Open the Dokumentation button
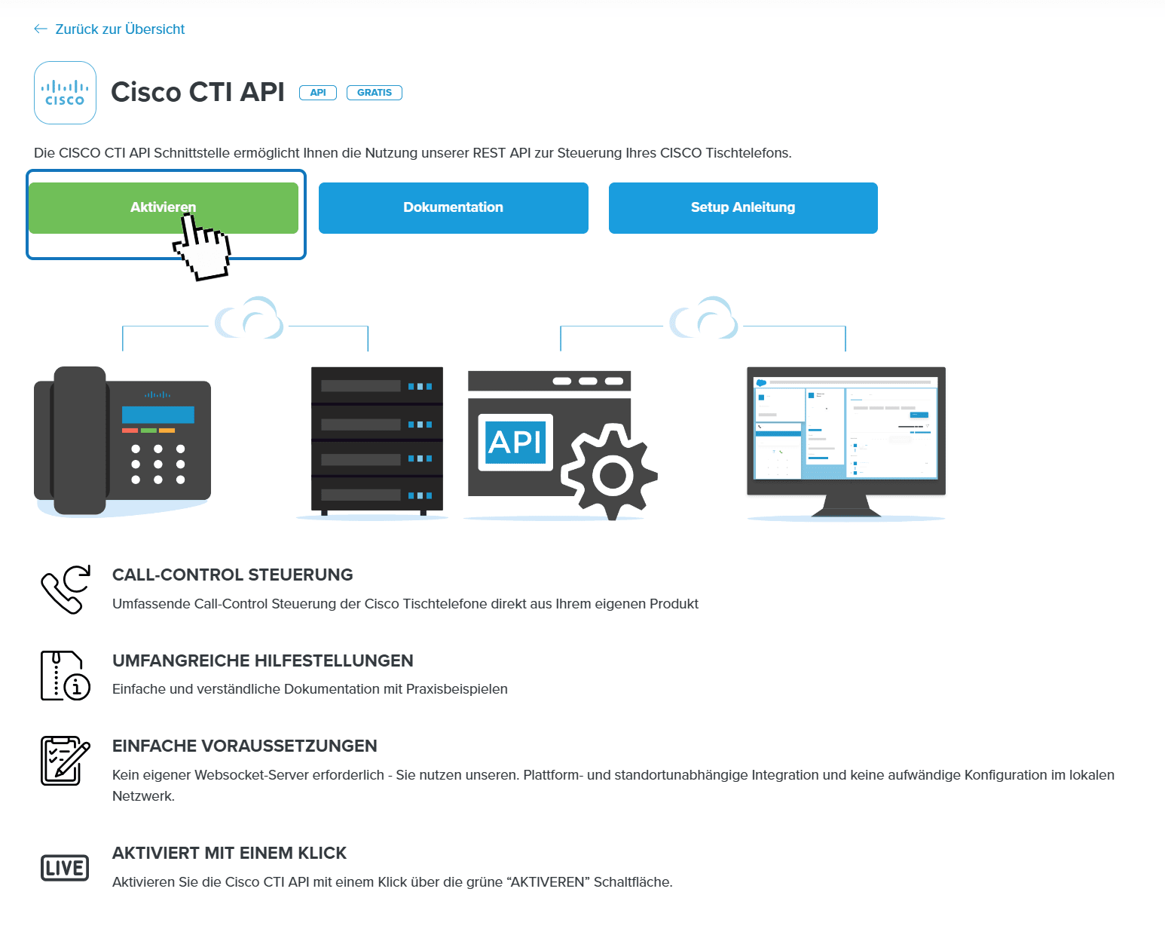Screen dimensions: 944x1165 click(453, 208)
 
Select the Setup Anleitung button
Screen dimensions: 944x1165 click(743, 208)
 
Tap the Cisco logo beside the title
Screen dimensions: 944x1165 click(65, 93)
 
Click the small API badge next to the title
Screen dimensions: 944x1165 click(318, 93)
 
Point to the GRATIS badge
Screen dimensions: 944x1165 click(374, 93)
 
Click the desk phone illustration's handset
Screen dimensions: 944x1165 click(78, 440)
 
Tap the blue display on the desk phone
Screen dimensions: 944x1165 click(157, 415)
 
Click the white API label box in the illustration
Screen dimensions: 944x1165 click(515, 442)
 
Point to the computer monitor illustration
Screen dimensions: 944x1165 click(845, 434)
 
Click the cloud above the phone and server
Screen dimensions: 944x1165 click(249, 320)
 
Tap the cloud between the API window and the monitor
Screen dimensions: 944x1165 click(705, 320)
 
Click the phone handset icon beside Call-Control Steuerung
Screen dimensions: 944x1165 click(65, 589)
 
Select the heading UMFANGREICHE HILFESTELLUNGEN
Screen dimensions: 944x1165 click(262, 660)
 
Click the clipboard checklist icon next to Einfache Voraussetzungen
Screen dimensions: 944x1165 click(65, 760)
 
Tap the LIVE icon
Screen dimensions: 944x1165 click(65, 868)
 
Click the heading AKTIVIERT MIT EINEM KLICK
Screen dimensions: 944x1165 click(229, 853)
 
